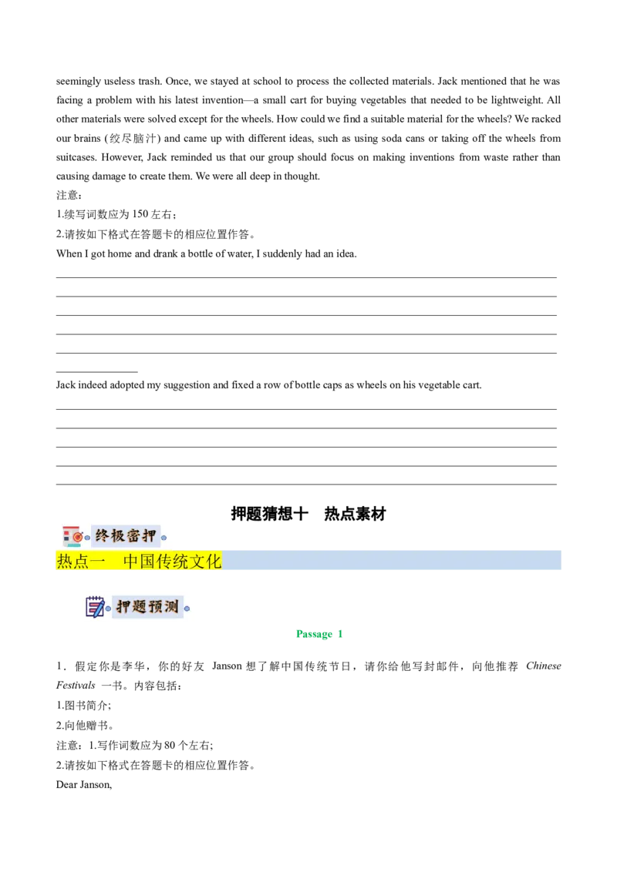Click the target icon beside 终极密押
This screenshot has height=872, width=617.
pos(72,535)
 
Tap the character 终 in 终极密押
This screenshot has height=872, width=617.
pos(103,535)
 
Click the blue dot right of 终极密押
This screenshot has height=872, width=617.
pos(164,537)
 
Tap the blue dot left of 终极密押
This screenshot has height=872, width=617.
pos(87,537)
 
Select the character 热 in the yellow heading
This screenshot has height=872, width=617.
pos(65,562)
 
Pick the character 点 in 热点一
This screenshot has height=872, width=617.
pos(82,562)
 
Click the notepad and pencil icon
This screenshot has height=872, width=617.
pos(95,606)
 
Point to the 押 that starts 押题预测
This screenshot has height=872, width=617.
pos(124,606)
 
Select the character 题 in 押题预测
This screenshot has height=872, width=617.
pos(140,606)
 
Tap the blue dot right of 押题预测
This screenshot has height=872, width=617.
pos(187,608)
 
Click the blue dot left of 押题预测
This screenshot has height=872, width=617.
pos(109,608)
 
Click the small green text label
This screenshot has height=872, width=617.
pos(318,635)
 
